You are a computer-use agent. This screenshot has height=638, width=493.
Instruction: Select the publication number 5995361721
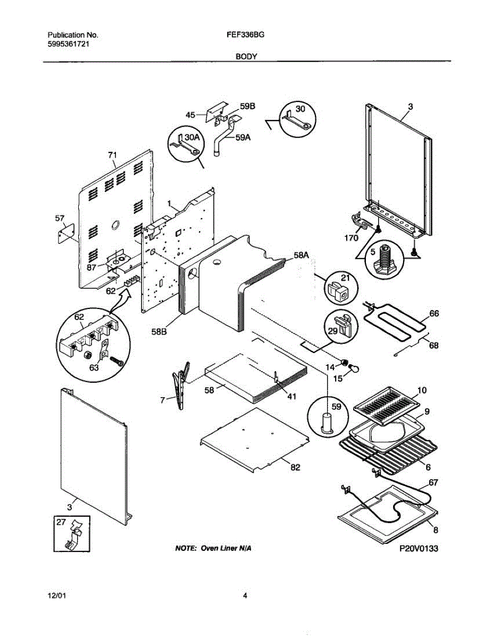[x=67, y=45]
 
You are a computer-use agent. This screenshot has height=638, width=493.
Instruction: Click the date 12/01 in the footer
[x=56, y=596]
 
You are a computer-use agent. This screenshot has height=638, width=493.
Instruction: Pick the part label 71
[x=112, y=155]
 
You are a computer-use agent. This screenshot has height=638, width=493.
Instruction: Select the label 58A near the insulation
[x=300, y=256]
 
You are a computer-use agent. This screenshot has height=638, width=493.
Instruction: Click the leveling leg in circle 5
[x=385, y=259]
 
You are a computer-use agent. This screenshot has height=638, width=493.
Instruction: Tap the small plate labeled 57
[x=65, y=234]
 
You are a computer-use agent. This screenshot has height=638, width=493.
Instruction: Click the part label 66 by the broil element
[x=434, y=314]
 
